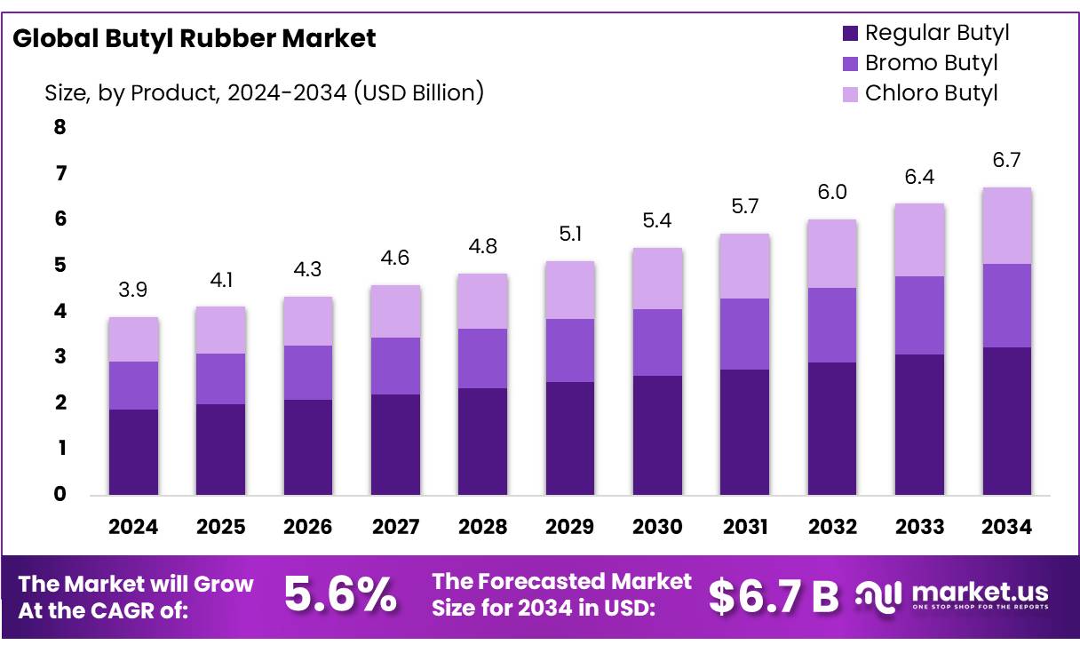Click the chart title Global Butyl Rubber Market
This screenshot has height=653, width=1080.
(x=195, y=38)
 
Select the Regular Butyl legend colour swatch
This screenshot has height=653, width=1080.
(x=850, y=34)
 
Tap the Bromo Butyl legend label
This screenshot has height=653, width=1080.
(x=931, y=63)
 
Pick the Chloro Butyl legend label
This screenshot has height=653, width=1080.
(x=931, y=92)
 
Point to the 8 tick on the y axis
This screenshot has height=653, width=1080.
(x=60, y=127)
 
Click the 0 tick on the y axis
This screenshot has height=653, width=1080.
(x=60, y=494)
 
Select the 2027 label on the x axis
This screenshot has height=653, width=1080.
(x=395, y=527)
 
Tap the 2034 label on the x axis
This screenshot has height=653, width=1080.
(x=1006, y=527)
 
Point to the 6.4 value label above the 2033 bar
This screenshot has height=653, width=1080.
(x=919, y=178)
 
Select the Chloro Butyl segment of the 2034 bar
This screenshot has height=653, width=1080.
(x=1006, y=226)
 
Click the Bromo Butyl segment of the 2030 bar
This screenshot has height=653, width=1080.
(x=657, y=342)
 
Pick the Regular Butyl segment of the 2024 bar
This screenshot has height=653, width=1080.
(x=133, y=451)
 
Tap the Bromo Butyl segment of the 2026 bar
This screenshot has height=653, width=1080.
(x=307, y=372)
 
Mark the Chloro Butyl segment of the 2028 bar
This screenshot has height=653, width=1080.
(x=482, y=301)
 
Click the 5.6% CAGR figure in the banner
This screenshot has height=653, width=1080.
(x=340, y=595)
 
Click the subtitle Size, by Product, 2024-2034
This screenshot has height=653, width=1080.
(x=264, y=92)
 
